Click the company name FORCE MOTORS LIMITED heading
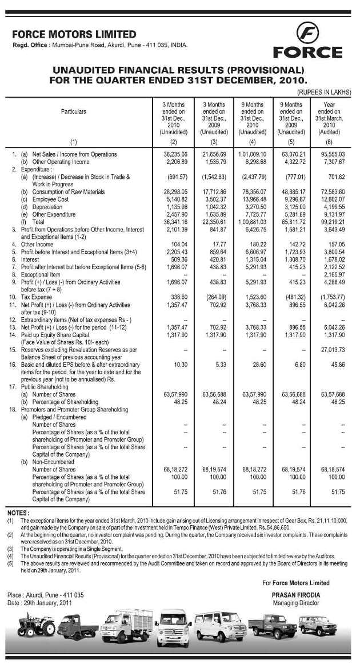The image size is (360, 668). pos(74,34)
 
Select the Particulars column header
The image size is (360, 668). pos(74,111)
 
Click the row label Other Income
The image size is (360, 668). pos(38,243)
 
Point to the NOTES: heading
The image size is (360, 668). pos(18,512)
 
